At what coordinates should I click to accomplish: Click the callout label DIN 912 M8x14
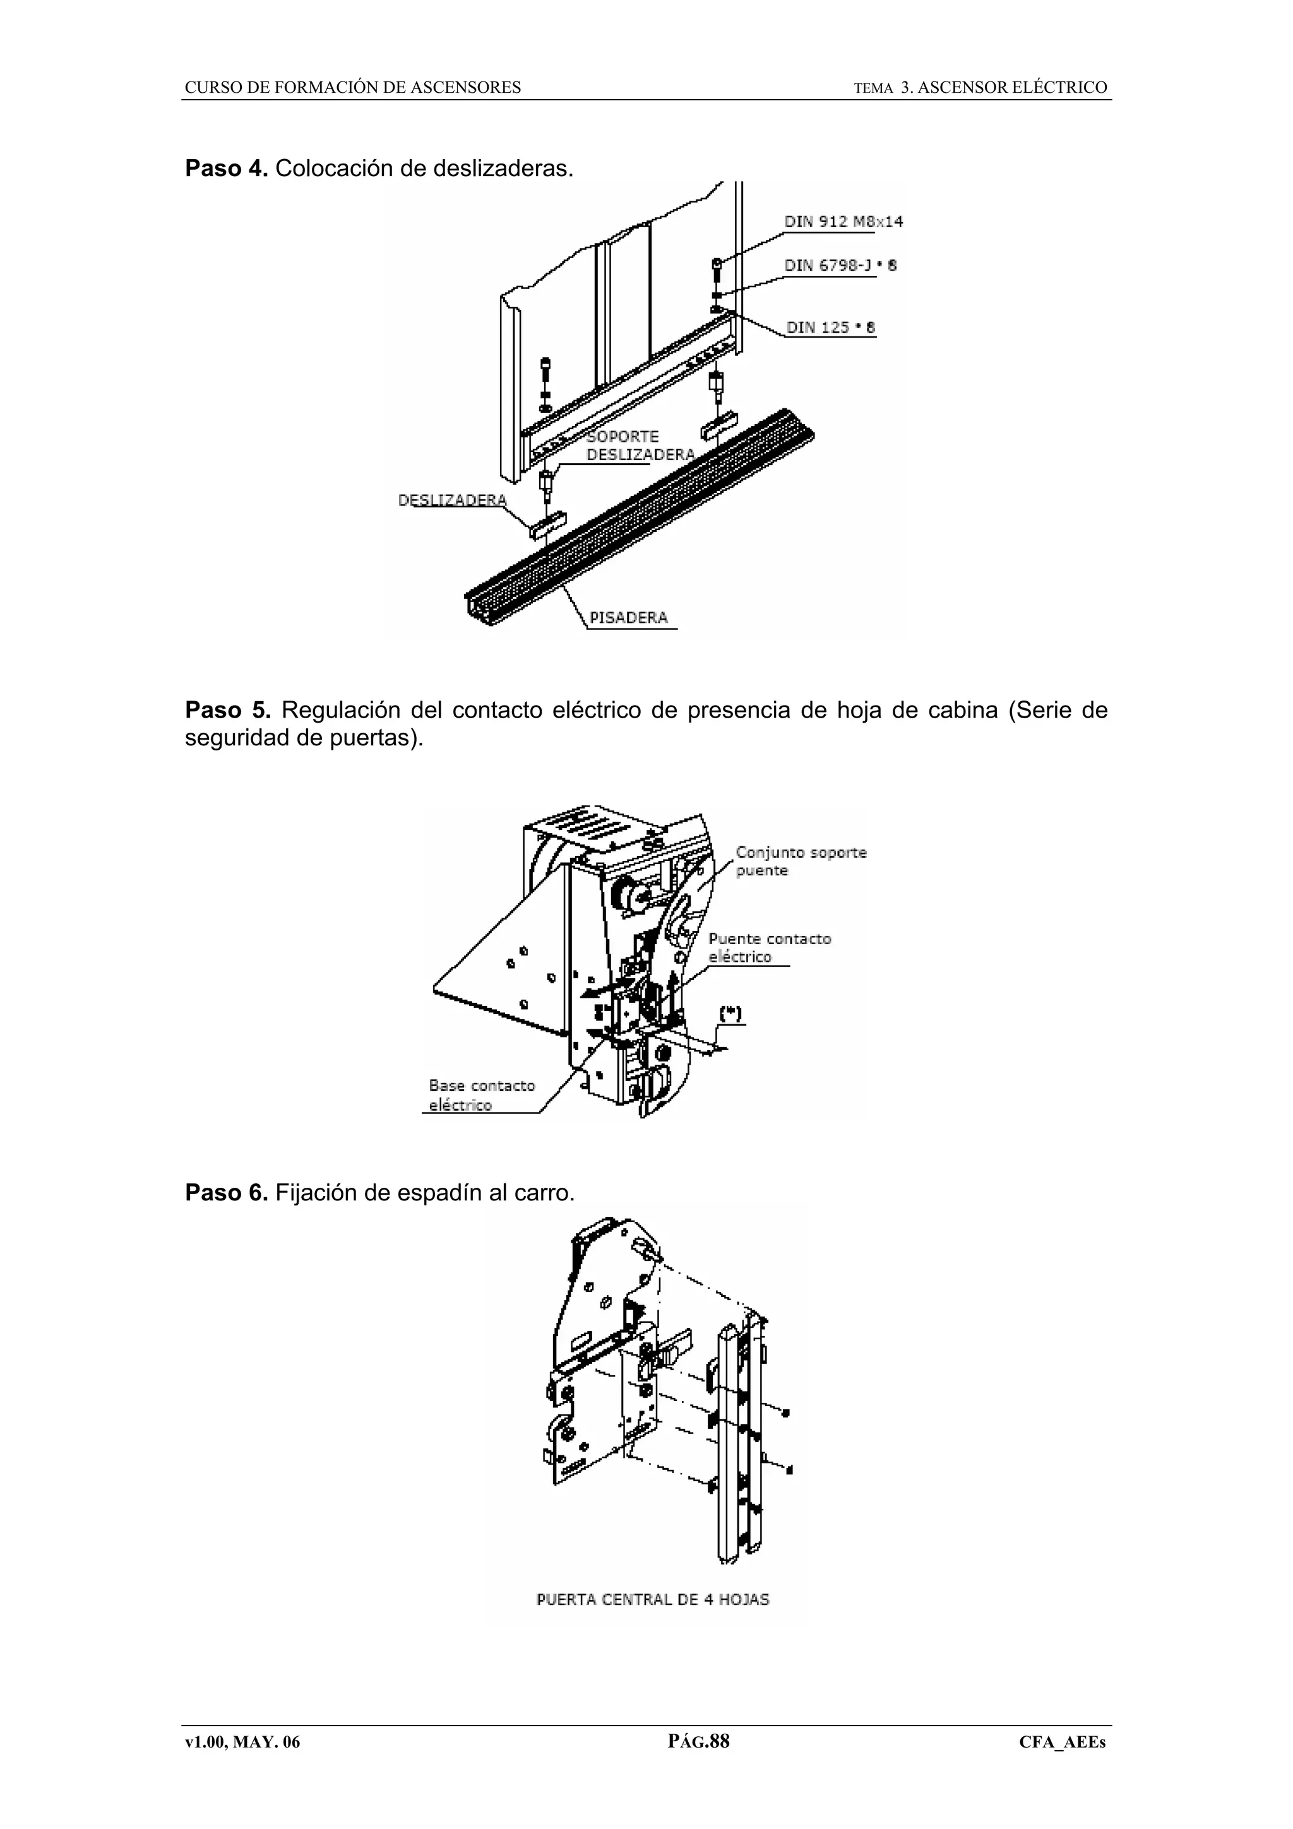(843, 222)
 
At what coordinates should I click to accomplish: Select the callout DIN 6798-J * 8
(840, 265)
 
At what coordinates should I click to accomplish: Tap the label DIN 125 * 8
(831, 328)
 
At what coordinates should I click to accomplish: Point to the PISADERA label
(629, 617)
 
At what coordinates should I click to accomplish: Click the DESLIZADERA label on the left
(451, 500)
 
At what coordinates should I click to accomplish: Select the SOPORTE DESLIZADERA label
(640, 446)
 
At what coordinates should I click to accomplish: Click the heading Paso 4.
(225, 169)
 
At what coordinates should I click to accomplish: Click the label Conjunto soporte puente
(800, 861)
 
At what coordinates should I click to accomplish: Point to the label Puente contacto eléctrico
(769, 948)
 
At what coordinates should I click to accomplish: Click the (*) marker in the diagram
(730, 1014)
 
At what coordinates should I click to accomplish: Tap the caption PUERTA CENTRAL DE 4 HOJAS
(652, 1599)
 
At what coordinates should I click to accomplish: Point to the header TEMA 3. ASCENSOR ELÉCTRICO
(980, 88)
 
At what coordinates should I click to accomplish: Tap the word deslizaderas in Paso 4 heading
(503, 169)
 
